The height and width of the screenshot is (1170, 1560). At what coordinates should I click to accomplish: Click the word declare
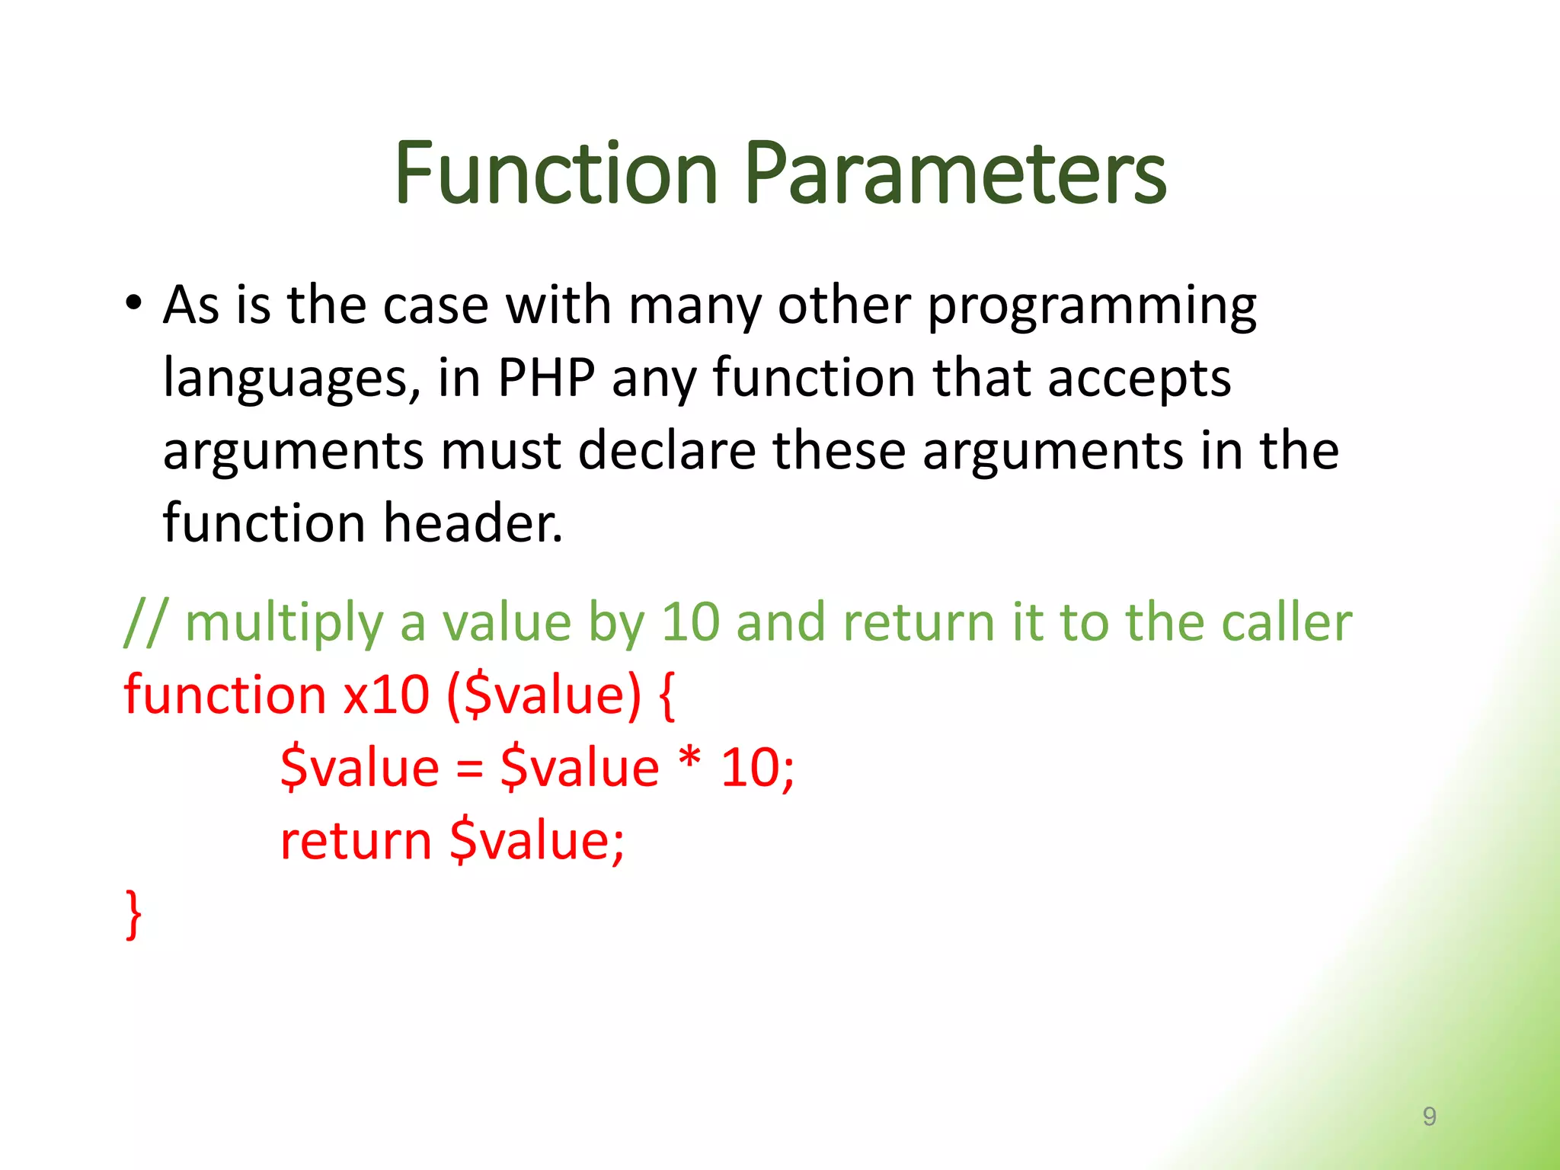click(667, 450)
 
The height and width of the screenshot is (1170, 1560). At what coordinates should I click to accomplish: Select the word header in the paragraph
click(472, 523)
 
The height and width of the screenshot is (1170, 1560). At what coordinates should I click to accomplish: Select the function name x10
click(386, 695)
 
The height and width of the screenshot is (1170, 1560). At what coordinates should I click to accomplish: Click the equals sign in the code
click(470, 769)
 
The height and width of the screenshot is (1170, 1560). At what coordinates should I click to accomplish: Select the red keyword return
click(356, 841)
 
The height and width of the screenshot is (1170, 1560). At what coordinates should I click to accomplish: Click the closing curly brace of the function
click(134, 913)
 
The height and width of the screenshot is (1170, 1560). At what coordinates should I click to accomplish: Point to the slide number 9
click(1429, 1116)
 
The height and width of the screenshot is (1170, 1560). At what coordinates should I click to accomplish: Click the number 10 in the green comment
click(689, 622)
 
